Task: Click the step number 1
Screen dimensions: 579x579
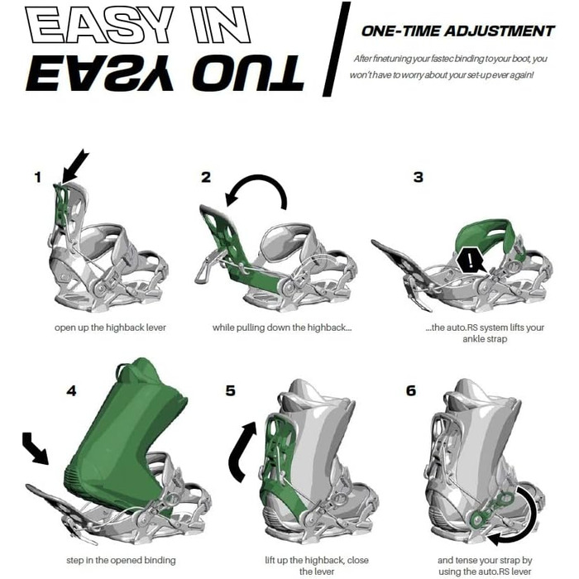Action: (x=38, y=178)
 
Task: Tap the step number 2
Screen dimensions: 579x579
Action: (x=206, y=177)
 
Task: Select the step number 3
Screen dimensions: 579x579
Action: (x=418, y=177)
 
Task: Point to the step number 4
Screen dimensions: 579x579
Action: (x=71, y=390)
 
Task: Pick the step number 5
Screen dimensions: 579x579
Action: (x=231, y=390)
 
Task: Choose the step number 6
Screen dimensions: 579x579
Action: (x=411, y=390)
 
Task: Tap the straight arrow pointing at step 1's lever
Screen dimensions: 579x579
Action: (x=75, y=166)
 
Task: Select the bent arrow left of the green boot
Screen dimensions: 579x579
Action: (x=35, y=447)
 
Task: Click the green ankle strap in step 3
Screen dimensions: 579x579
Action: (x=487, y=232)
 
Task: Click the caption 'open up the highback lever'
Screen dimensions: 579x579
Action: (x=110, y=328)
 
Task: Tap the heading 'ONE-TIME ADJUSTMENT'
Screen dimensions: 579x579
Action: (x=458, y=31)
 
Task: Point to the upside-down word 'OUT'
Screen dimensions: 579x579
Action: (x=248, y=73)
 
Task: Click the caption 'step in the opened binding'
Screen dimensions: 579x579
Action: (x=121, y=560)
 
